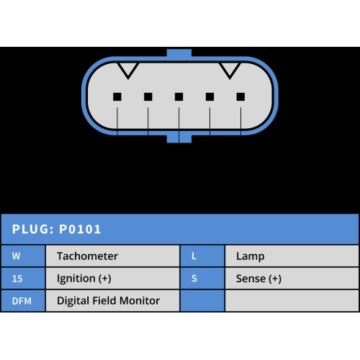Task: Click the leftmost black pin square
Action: click(x=117, y=97)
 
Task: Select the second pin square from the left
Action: click(x=148, y=97)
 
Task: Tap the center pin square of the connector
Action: click(x=179, y=97)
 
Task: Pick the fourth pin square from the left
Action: click(x=210, y=97)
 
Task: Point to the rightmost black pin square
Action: click(x=240, y=97)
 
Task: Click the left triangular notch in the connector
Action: click(x=128, y=71)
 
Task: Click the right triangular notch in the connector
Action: click(x=230, y=71)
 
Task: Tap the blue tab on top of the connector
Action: click(x=179, y=53)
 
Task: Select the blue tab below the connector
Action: click(x=179, y=138)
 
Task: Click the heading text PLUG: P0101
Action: click(x=56, y=229)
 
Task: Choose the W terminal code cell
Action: click(x=23, y=256)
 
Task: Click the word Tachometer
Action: click(x=87, y=256)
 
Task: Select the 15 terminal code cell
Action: click(x=23, y=279)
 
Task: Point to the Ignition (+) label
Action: click(x=84, y=279)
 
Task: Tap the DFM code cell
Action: click(x=23, y=301)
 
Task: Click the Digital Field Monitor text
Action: click(x=108, y=301)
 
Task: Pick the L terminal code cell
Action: click(x=202, y=256)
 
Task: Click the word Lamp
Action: click(x=251, y=256)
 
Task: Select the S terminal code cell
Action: click(x=202, y=279)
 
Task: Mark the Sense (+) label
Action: click(x=258, y=279)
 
